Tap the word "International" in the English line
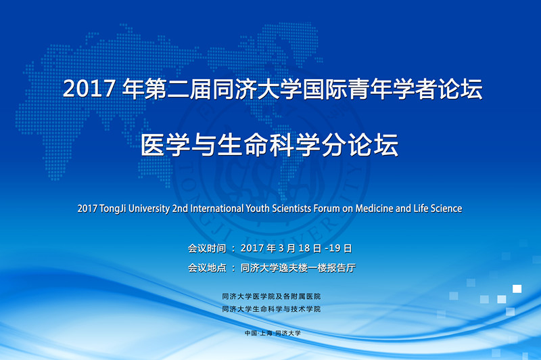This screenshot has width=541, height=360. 217,208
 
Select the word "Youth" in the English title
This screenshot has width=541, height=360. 258,208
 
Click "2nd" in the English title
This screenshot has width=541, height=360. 180,208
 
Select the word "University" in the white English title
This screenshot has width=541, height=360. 149,209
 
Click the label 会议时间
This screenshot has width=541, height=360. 207,248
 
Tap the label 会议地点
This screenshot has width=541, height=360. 207,268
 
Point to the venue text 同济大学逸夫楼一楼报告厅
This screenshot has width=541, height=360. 298,268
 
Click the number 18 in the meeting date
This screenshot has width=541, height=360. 304,248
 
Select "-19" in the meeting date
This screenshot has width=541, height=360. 333,248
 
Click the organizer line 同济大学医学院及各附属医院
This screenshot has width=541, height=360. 271,296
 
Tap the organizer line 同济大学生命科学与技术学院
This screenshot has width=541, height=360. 271,309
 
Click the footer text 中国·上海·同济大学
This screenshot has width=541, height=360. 273,333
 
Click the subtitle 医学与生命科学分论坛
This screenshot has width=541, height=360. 269,145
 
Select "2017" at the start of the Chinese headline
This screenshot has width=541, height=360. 89,89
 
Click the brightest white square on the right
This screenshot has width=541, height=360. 517,288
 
